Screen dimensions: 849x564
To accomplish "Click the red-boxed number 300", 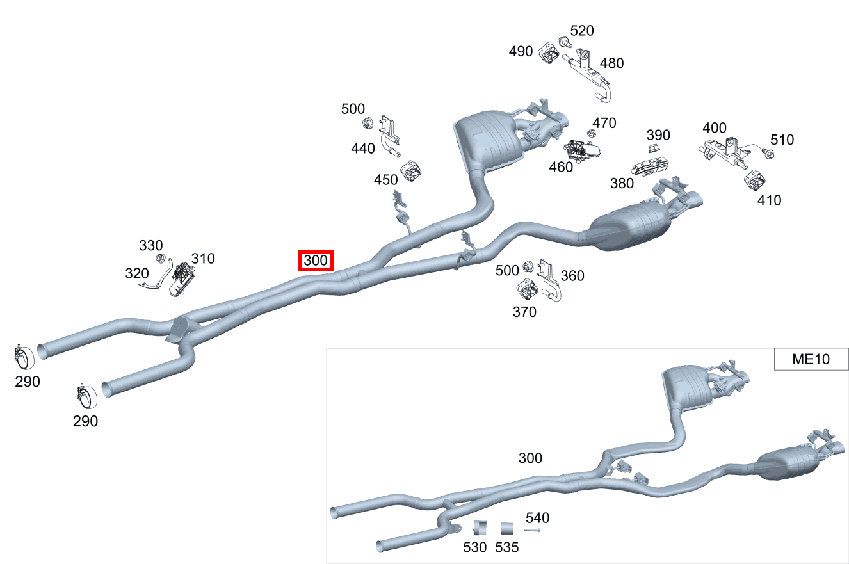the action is pyautogui.click(x=316, y=261).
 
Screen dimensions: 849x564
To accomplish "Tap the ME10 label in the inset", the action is pyautogui.click(x=811, y=359).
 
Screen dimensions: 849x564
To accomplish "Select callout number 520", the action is pyautogui.click(x=582, y=31).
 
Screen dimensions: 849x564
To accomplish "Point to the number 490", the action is pyautogui.click(x=521, y=51).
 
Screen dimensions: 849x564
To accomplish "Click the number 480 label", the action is pyautogui.click(x=611, y=63).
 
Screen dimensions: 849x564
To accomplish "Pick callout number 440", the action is pyautogui.click(x=363, y=148).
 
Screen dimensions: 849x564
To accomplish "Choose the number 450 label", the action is pyautogui.click(x=385, y=180).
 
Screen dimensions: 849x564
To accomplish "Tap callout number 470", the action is pyautogui.click(x=604, y=123).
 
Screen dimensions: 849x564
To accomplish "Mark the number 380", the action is pyautogui.click(x=622, y=184).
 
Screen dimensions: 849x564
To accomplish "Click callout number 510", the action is pyautogui.click(x=782, y=140).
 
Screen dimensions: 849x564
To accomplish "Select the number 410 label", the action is pyautogui.click(x=769, y=200).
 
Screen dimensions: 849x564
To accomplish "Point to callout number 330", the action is pyautogui.click(x=150, y=246).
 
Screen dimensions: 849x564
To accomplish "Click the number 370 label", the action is pyautogui.click(x=524, y=312).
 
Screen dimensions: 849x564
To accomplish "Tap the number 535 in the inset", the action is pyautogui.click(x=506, y=547).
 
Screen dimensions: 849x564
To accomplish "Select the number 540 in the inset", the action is pyautogui.click(x=537, y=518).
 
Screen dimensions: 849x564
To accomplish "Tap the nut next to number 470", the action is pyautogui.click(x=590, y=133).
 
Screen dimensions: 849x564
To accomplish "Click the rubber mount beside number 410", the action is pyautogui.click(x=755, y=180).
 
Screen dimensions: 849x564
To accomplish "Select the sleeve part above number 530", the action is pyautogui.click(x=480, y=528).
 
